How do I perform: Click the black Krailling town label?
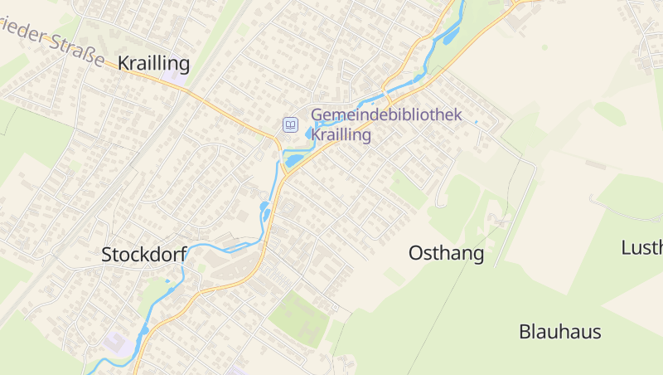click(153, 64)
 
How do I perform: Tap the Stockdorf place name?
click(143, 255)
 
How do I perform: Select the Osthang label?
click(446, 254)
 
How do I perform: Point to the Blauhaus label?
click(559, 332)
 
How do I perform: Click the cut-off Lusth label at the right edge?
click(641, 247)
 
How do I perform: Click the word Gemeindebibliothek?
click(385, 116)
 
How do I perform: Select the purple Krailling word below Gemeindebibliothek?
click(341, 135)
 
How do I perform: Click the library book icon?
click(290, 124)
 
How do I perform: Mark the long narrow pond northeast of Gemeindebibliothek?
click(451, 36)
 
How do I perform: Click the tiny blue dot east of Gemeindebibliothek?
click(476, 123)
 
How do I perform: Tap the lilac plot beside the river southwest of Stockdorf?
click(119, 343)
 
